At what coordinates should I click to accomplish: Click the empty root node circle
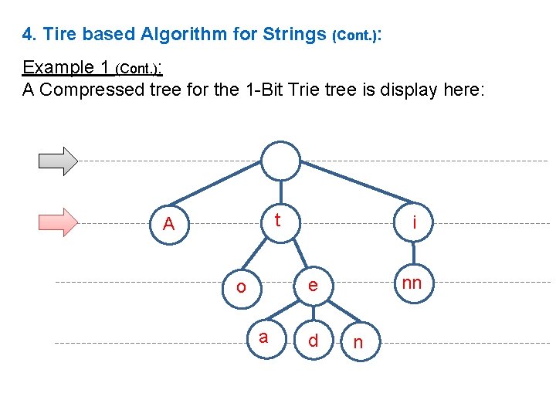coord(280,161)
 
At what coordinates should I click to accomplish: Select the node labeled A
coord(169,224)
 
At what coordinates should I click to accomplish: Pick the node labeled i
coord(415,223)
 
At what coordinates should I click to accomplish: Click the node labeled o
coord(241,286)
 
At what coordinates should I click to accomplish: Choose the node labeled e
coord(313,285)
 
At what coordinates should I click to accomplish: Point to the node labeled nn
coord(412,283)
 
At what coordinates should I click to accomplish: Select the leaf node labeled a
coord(264,337)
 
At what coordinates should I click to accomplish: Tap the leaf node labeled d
coord(313,341)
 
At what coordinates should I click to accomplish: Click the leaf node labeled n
coord(357,342)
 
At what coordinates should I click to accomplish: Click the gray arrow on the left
coord(59,160)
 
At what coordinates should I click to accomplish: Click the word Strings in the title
coord(295,34)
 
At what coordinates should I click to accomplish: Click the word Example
coord(58,67)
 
